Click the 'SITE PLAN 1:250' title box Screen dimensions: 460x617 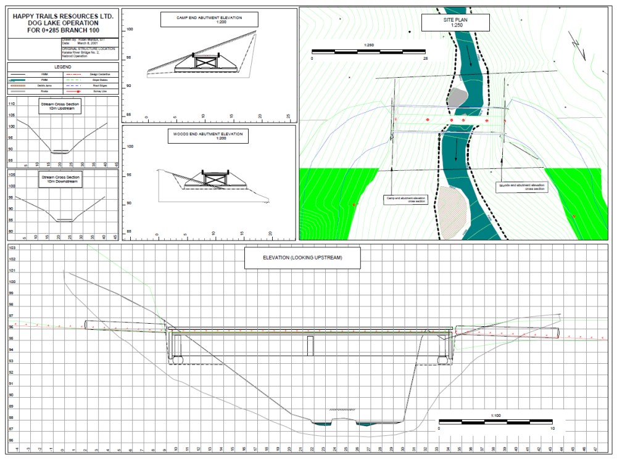click(456, 23)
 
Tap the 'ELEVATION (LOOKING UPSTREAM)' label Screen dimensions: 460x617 click(302, 258)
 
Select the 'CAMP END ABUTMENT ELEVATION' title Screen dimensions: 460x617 click(209, 19)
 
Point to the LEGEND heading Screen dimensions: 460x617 click(63, 67)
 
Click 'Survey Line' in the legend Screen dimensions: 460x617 click(100, 91)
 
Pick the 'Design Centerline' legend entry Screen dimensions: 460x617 click(100, 74)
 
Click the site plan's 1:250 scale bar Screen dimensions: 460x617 click(369, 51)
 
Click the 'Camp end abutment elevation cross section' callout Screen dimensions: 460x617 click(404, 199)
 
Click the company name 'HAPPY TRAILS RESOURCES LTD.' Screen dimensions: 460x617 click(64, 15)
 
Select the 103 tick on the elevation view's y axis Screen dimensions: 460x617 click(12, 248)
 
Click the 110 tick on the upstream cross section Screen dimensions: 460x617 click(12, 104)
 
